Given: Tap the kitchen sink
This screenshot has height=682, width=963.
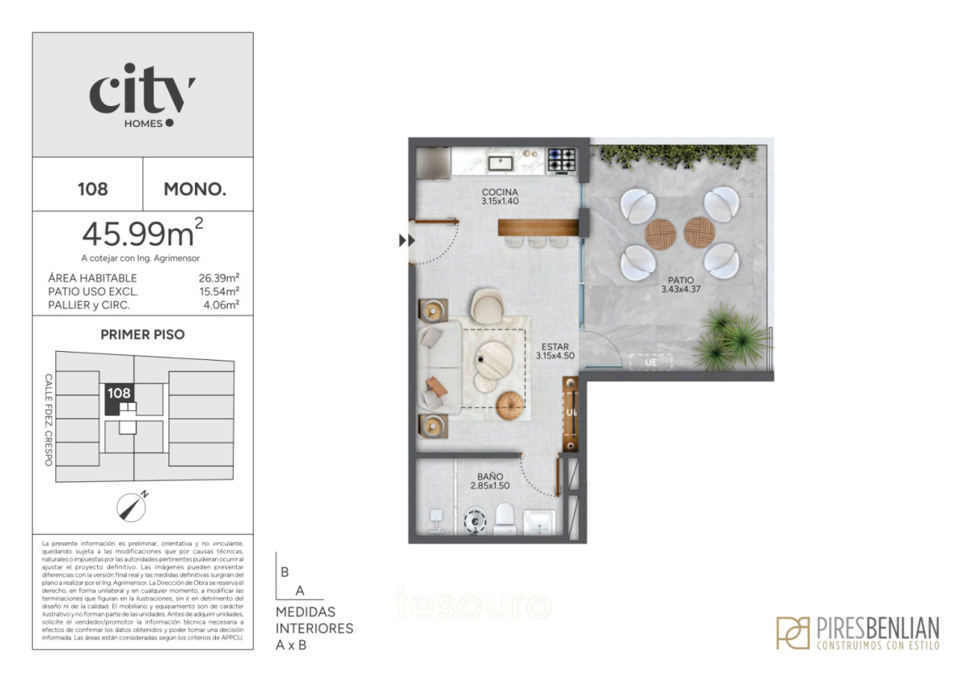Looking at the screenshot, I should pyautogui.click(x=502, y=163).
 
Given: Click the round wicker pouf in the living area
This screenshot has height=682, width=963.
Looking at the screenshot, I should pyautogui.click(x=510, y=405).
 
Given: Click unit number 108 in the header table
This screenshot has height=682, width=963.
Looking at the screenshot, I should pyautogui.click(x=92, y=190).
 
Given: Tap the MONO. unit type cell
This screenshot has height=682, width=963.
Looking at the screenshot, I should pyautogui.click(x=195, y=190).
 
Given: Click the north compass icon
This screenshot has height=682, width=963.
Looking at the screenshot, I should pyautogui.click(x=131, y=505).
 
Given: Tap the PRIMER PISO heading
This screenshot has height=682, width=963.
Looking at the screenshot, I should pyautogui.click(x=142, y=334).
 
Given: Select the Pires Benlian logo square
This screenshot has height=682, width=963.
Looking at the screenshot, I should pyautogui.click(x=793, y=632).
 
